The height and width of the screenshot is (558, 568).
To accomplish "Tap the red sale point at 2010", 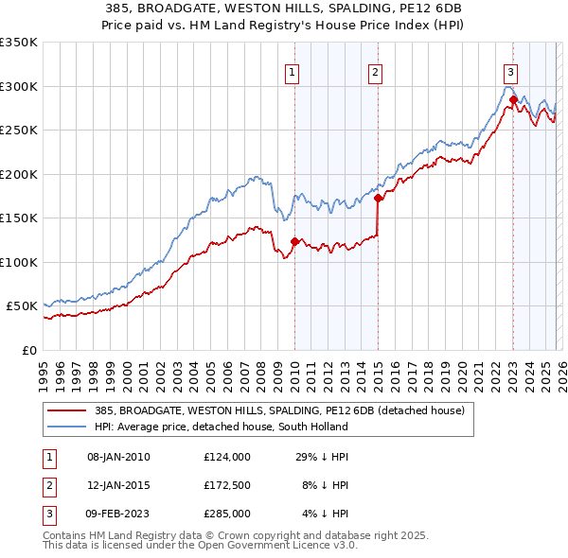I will pyautogui.click(x=294, y=241).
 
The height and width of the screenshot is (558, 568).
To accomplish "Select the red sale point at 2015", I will pyautogui.click(x=378, y=199).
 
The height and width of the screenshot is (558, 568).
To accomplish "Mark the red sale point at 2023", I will pyautogui.click(x=513, y=99).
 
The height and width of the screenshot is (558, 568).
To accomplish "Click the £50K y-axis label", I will pyautogui.click(x=22, y=306).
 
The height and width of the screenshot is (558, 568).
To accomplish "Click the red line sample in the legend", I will pyautogui.click(x=67, y=410).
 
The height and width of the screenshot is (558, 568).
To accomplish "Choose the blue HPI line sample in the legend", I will pyautogui.click(x=67, y=427).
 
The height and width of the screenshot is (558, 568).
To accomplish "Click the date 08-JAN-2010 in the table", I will pyautogui.click(x=118, y=457).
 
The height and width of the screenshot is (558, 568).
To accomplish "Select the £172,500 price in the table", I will pyautogui.click(x=226, y=485).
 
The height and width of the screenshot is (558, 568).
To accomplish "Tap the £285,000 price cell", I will pyautogui.click(x=226, y=514).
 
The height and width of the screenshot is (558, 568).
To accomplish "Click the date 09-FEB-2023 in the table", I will pyautogui.click(x=118, y=514).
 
